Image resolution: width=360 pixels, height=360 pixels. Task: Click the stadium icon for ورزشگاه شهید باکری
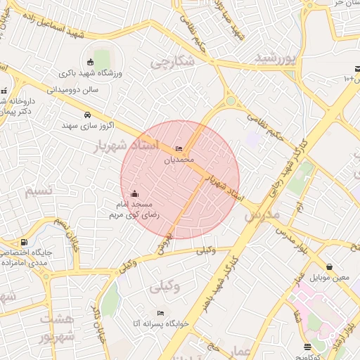[90, 62]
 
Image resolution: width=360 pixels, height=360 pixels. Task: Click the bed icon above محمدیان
[179, 148]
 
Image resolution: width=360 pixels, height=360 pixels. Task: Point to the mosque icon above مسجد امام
[134, 193]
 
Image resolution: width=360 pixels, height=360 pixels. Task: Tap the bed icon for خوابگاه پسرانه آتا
[161, 313]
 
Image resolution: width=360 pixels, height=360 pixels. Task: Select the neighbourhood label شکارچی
[173, 63]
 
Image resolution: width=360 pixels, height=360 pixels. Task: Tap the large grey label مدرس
[262, 215]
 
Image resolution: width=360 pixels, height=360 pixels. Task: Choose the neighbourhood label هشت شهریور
[56, 328]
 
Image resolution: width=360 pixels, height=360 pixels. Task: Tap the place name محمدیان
[179, 160]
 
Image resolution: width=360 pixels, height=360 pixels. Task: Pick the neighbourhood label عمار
[242, 352]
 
